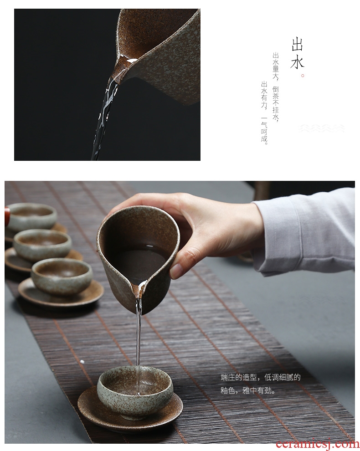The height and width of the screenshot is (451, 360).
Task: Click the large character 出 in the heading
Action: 297,45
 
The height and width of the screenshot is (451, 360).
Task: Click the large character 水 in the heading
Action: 297,62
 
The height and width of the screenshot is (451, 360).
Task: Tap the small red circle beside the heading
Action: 303,76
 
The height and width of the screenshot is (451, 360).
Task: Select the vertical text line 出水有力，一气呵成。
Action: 264,113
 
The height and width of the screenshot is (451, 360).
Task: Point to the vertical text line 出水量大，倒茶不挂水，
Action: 276,87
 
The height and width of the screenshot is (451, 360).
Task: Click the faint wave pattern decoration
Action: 321,128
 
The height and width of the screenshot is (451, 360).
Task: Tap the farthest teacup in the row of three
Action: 31,216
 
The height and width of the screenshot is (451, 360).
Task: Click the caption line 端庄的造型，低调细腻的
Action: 261,377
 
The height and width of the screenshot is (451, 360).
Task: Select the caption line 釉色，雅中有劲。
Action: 248,390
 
